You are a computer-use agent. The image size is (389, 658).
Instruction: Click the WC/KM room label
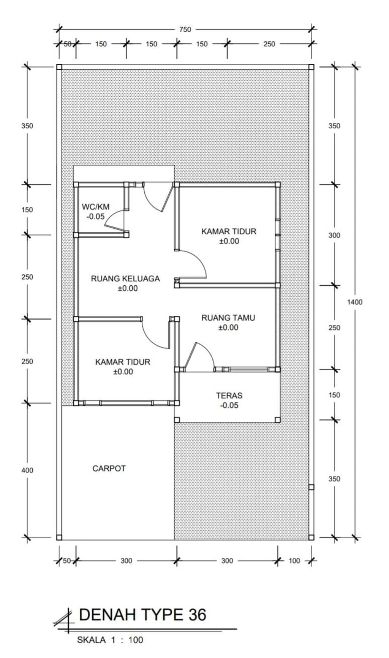(96, 207)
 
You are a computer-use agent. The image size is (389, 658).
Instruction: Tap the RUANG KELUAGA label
(125, 278)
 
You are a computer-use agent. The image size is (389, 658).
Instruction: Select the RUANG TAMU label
(228, 318)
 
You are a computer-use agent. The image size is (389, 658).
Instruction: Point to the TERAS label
(229, 395)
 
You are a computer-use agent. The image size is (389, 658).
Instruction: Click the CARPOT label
(109, 468)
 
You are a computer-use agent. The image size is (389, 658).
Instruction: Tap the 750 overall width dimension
(185, 30)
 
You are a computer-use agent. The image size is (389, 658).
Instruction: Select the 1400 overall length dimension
(355, 302)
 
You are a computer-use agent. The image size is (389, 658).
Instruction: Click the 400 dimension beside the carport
(27, 470)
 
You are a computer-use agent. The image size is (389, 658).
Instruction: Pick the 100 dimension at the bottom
(294, 560)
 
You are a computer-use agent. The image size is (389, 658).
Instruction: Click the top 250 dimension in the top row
(269, 44)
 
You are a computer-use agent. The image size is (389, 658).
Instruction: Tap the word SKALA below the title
(92, 640)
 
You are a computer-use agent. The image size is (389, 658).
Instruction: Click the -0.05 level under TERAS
(229, 405)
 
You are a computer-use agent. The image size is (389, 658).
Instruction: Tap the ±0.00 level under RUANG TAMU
(228, 327)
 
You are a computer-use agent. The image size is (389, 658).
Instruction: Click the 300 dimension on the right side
(334, 236)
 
